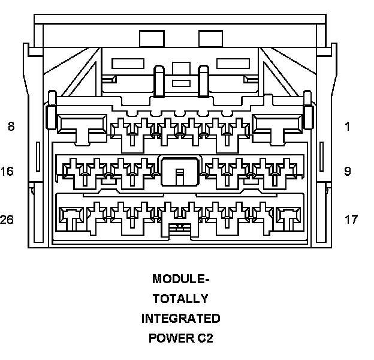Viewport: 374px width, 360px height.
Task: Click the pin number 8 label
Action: click(11, 127)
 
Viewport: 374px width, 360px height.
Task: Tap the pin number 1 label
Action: click(347, 127)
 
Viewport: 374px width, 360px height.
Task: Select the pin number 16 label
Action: click(7, 172)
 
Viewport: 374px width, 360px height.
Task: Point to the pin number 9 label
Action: click(347, 172)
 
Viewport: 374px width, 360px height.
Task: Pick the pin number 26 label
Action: click(7, 220)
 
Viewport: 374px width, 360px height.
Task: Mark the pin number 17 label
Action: click(351, 220)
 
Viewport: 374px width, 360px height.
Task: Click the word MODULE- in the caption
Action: click(181, 279)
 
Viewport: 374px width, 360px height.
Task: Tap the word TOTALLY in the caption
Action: click(180, 298)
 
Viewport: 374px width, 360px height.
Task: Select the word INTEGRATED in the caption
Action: click(180, 318)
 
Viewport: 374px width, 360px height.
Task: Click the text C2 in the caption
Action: click(205, 338)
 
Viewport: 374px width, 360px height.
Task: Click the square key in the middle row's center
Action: click(179, 171)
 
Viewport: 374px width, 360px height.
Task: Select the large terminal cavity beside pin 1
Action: click(277, 125)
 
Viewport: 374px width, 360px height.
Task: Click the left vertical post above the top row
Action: click(159, 80)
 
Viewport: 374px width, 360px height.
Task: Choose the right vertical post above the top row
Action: click(203, 80)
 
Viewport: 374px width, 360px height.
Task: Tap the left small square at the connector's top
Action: click(152, 38)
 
